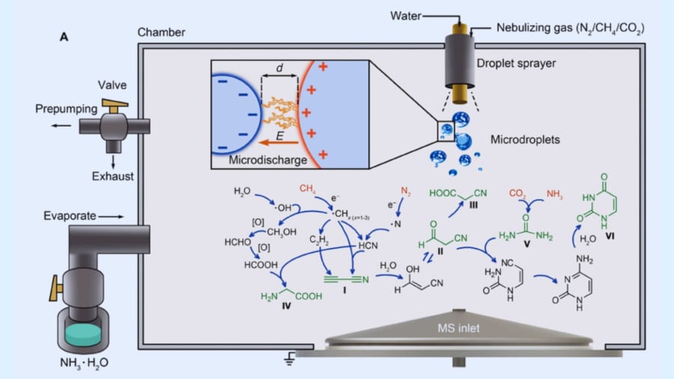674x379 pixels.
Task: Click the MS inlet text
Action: coord(460,327)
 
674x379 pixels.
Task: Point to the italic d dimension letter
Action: coord(279,68)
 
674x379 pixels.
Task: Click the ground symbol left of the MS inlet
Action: coord(288,360)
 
